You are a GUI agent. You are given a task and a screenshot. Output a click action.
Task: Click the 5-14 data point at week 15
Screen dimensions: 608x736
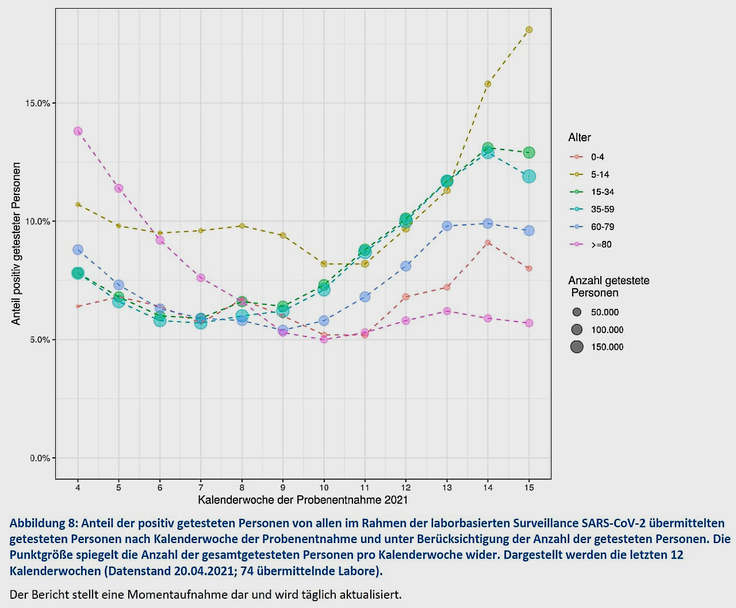tap(529, 29)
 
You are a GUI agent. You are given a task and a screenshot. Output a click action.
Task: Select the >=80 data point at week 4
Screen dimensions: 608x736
tap(78, 131)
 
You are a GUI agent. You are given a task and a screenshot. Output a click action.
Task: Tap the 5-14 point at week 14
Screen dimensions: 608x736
tap(488, 84)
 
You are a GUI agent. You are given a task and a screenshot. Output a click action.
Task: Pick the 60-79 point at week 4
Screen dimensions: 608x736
tap(78, 250)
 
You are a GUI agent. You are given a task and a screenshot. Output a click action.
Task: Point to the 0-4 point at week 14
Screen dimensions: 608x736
tap(488, 243)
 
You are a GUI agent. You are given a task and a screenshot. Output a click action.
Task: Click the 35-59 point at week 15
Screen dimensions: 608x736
tap(529, 177)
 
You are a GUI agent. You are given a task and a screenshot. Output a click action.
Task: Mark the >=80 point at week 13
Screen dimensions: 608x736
tap(447, 311)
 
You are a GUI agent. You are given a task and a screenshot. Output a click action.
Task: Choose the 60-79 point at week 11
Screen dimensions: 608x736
tap(365, 297)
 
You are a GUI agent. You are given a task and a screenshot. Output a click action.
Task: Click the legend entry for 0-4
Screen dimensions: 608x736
tap(597, 157)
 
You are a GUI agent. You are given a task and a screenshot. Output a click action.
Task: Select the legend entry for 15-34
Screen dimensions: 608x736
tap(602, 192)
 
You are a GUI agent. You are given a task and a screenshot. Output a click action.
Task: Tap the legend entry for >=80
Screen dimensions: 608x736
tap(601, 244)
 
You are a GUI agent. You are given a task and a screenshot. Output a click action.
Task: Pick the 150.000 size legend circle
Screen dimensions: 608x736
tap(577, 347)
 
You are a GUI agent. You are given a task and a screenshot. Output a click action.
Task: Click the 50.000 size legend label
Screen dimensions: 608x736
tap(605, 312)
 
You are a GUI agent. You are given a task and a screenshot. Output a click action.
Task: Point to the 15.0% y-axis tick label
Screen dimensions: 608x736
tap(39, 104)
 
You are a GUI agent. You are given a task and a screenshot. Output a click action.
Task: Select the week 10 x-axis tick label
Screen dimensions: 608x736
tap(324, 488)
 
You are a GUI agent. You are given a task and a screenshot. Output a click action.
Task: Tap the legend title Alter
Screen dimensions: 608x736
tap(580, 137)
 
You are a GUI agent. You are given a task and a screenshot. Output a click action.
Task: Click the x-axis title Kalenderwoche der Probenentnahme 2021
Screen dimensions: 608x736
tap(302, 500)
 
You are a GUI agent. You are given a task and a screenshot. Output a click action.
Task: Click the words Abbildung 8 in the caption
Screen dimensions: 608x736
tap(43, 523)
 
